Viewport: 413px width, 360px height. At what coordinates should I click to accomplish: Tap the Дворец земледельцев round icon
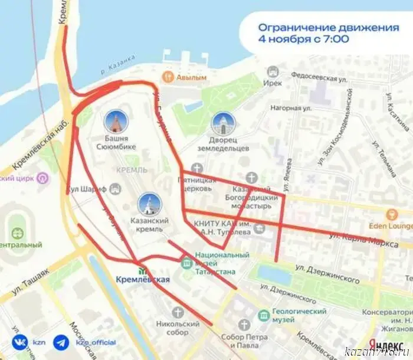(x=223, y=124)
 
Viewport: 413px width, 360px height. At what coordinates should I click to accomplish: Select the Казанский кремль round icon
(x=149, y=204)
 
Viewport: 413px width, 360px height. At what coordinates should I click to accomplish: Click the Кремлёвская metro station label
(x=143, y=280)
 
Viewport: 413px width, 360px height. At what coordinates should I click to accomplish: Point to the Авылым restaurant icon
(x=168, y=77)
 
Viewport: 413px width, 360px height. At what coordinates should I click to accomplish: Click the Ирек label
(x=273, y=84)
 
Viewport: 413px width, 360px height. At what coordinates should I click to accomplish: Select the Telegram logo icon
(x=60, y=342)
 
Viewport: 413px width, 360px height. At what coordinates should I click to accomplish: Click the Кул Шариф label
(x=86, y=189)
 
